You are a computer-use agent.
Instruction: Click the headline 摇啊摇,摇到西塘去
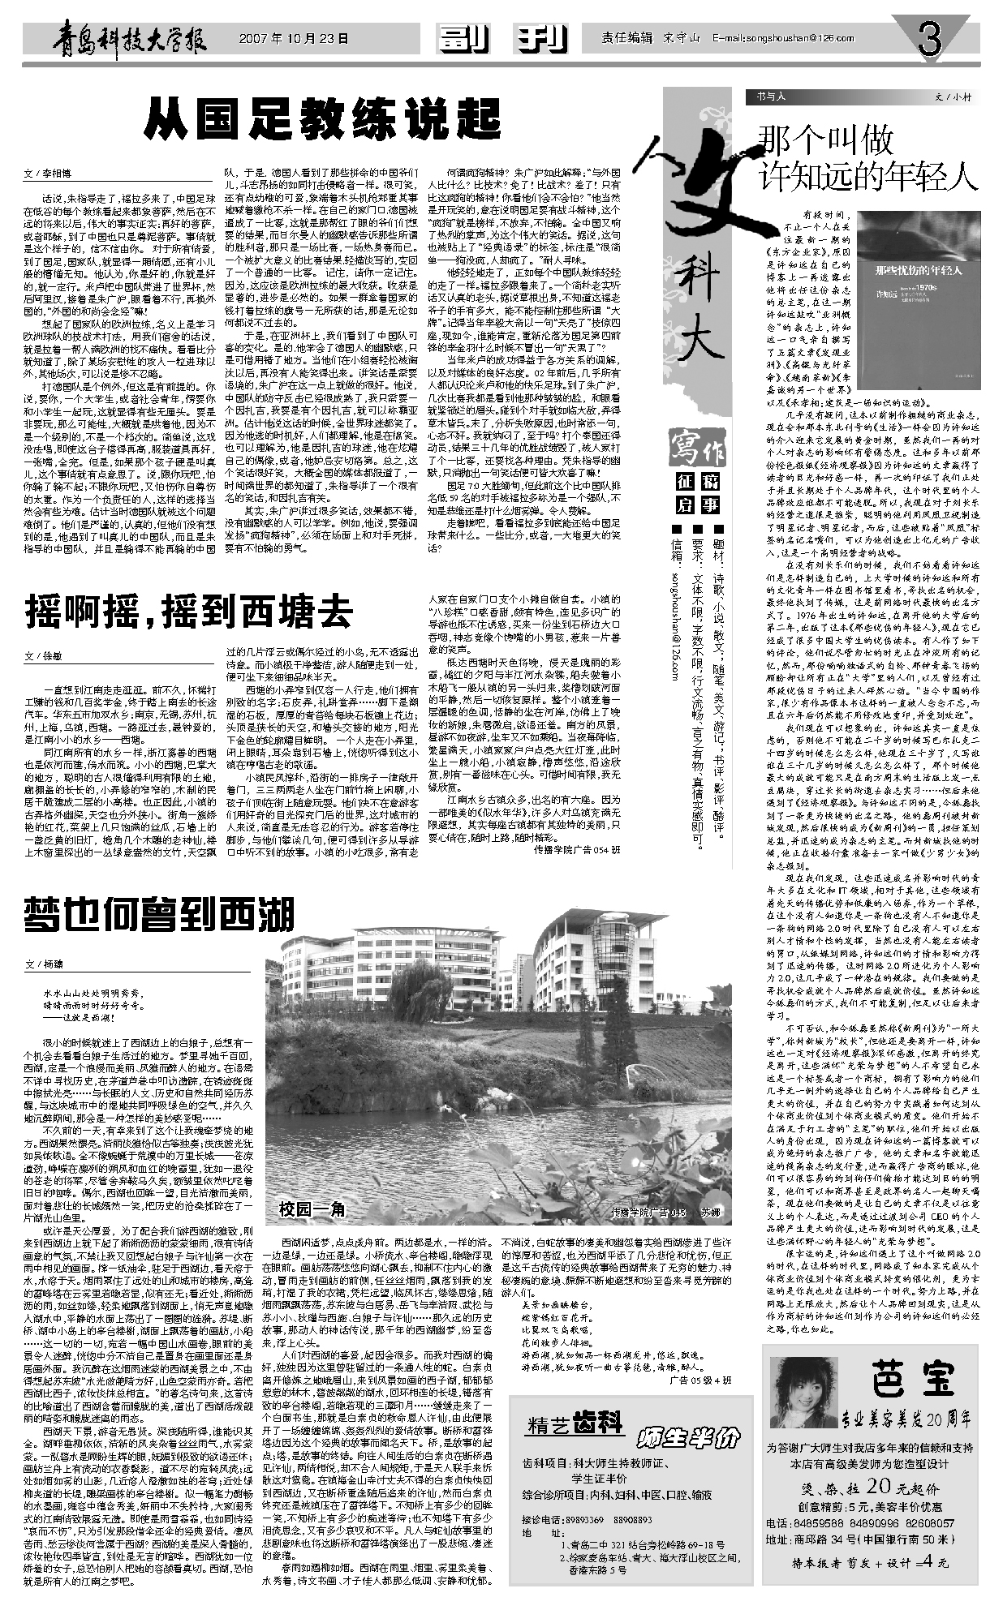click(x=190, y=610)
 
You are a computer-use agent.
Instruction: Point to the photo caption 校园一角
click(x=312, y=1210)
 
